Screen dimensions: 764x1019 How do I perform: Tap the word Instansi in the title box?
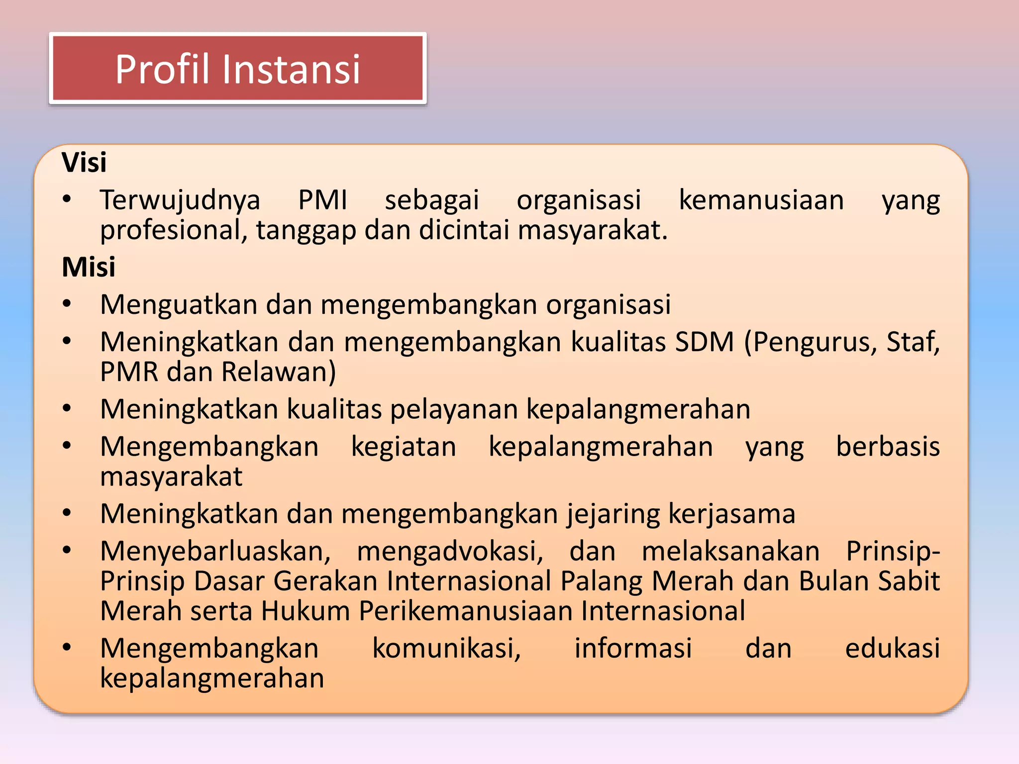click(291, 69)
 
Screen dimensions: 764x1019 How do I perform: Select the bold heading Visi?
click(84, 162)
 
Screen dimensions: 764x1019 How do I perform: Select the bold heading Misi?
click(89, 267)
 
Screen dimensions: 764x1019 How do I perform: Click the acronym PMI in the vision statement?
click(322, 200)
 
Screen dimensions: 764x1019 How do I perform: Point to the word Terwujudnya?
click(180, 200)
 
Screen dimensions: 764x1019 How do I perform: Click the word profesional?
click(174, 230)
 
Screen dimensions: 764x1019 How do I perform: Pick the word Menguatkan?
click(179, 304)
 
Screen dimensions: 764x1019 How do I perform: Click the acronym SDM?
click(705, 342)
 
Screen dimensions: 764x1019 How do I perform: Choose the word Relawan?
click(279, 372)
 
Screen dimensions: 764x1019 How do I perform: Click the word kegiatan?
click(404, 447)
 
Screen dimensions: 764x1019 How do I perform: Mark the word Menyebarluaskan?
click(215, 551)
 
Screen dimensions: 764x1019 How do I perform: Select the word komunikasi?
click(446, 649)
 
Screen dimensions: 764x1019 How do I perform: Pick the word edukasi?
click(892, 649)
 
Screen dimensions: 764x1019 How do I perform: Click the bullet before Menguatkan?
click(67, 304)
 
